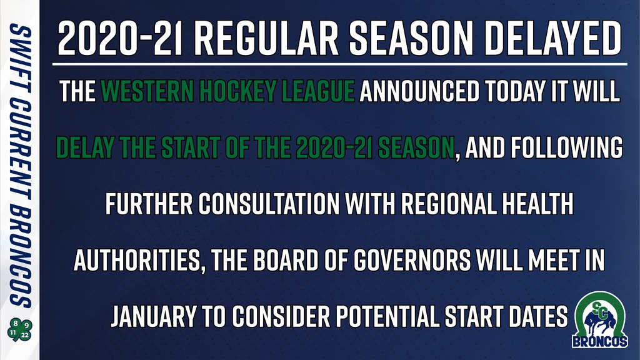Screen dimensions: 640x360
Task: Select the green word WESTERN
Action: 147,91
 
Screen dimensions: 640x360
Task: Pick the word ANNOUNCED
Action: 419,91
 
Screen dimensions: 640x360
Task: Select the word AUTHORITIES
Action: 137,260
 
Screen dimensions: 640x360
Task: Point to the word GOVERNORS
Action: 412,260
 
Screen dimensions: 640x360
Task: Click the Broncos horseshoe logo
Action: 599,319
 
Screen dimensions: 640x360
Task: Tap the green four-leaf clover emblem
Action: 19,330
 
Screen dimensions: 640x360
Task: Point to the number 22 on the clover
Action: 25,335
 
